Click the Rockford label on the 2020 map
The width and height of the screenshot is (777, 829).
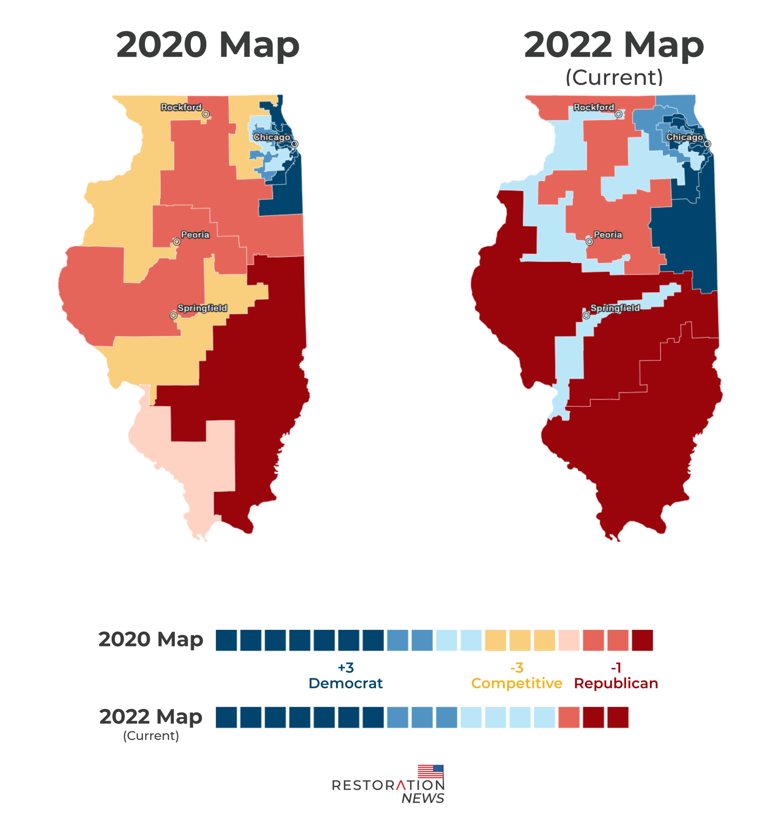(x=181, y=107)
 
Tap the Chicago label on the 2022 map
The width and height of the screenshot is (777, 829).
(x=684, y=137)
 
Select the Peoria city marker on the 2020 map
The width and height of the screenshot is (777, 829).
(x=177, y=242)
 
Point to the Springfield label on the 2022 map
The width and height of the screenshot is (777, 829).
(x=615, y=308)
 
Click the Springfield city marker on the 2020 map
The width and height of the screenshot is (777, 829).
(x=173, y=315)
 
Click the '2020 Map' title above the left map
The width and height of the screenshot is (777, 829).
(x=208, y=45)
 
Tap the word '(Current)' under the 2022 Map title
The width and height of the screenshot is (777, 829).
(x=614, y=77)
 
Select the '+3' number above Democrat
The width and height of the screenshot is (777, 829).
(x=346, y=667)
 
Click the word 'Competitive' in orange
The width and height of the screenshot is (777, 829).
(x=516, y=683)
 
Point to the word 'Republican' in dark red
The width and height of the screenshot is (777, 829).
(x=616, y=683)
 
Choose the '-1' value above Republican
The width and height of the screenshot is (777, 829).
(x=616, y=667)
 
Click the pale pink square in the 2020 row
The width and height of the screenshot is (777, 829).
(x=569, y=640)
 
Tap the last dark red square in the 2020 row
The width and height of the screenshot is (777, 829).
(x=642, y=640)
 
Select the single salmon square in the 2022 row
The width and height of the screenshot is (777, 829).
(x=569, y=717)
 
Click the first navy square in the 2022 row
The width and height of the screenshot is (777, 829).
(x=226, y=717)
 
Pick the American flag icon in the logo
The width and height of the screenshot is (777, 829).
(x=431, y=772)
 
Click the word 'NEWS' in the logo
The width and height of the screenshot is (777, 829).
(x=422, y=798)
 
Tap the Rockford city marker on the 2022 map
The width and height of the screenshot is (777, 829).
(x=618, y=114)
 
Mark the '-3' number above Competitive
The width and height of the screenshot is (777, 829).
(x=516, y=667)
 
